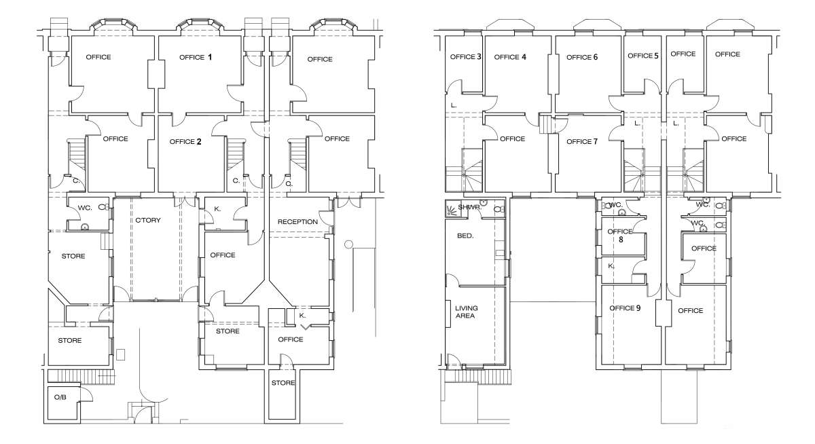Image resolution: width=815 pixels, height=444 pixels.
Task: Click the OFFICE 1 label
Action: pyautogui.click(x=196, y=57)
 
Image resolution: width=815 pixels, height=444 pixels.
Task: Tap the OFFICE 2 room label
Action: pyautogui.click(x=185, y=141)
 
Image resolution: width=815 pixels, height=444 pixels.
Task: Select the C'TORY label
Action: pyautogui.click(x=148, y=220)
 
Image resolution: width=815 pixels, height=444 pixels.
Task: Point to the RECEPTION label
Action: pyautogui.click(x=297, y=221)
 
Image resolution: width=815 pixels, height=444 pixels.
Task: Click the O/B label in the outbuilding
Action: pyautogui.click(x=60, y=397)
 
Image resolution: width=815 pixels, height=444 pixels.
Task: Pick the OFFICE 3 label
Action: pyautogui.click(x=466, y=57)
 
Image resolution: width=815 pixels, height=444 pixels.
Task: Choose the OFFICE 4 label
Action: pyautogui.click(x=510, y=57)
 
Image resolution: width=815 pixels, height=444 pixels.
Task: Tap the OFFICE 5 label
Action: pyautogui.click(x=643, y=56)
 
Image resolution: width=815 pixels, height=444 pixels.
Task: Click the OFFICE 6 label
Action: pyautogui.click(x=582, y=57)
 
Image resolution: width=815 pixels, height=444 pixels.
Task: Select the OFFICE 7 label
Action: pyautogui.click(x=582, y=141)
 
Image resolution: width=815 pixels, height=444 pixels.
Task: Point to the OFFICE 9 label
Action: pyautogui.click(x=625, y=308)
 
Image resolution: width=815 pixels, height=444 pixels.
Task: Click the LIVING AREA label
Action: pyautogui.click(x=466, y=312)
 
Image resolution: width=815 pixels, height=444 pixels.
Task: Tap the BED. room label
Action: pyautogui.click(x=465, y=236)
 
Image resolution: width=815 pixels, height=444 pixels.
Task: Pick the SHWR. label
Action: pyautogui.click(x=470, y=207)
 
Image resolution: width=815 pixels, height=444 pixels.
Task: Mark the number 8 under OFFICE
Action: pyautogui.click(x=621, y=240)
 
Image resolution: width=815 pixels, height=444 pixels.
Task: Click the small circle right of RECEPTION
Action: pyautogui.click(x=348, y=244)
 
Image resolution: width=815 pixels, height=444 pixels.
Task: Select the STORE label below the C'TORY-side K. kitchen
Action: pyautogui.click(x=228, y=331)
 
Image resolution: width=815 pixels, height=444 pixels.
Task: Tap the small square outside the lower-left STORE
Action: pyautogui.click(x=120, y=354)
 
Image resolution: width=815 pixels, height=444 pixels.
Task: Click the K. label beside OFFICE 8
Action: pyautogui.click(x=611, y=266)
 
